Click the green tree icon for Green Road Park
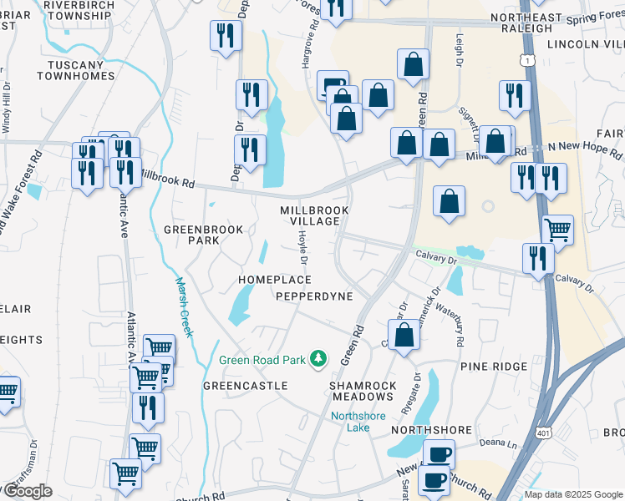pos(318,359)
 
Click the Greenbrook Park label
pos(204,235)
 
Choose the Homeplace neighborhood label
pos(275,280)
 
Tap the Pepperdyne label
pos(314,296)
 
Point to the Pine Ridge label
pos(493,366)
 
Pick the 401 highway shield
pos(543,457)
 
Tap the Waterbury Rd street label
pos(459,326)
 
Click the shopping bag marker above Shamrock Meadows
pos(404,336)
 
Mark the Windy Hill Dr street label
pos(7,108)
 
